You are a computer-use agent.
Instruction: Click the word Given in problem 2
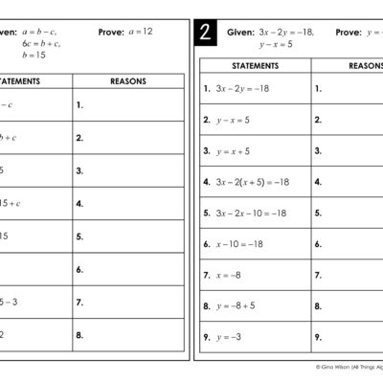(x=241, y=32)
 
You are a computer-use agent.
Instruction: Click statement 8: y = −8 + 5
(x=235, y=306)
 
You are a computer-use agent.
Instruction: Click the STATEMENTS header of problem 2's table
(x=255, y=65)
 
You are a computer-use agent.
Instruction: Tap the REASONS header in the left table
(x=128, y=81)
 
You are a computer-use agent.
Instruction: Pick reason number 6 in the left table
(x=80, y=270)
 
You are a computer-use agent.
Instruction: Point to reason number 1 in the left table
(x=80, y=104)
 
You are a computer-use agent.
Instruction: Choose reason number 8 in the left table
(x=80, y=335)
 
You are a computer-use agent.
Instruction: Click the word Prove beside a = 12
(x=111, y=32)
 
